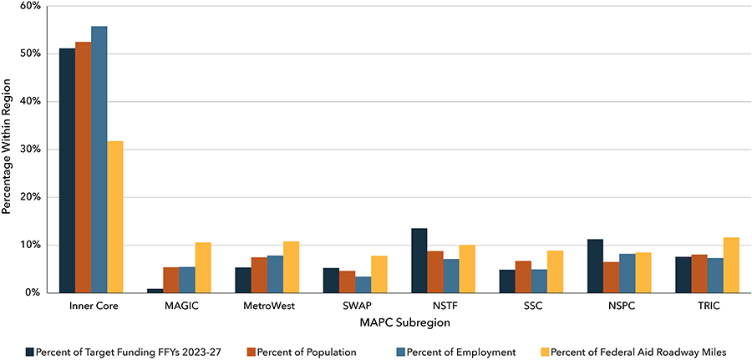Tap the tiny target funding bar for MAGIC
[155, 291]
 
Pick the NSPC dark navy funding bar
[595, 266]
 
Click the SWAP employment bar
[363, 285]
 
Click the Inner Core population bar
[83, 167]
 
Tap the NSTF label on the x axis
[435, 307]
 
